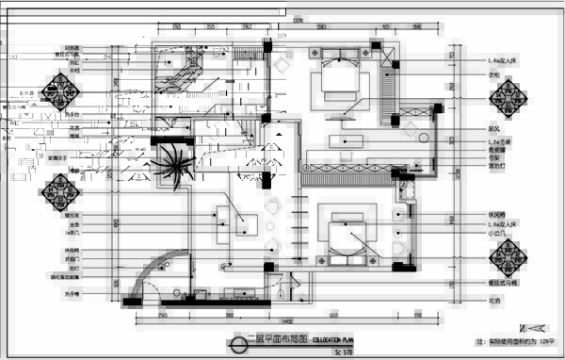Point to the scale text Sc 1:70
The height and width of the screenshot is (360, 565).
(345, 352)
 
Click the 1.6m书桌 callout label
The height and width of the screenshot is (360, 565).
(496, 140)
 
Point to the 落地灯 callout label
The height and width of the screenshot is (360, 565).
(494, 166)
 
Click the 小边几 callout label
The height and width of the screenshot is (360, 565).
(494, 235)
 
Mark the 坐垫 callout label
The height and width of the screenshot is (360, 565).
(73, 225)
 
